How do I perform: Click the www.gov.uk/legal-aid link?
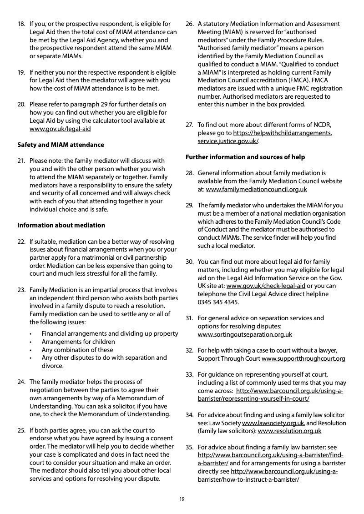[60, 129]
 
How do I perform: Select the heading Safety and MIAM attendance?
[61, 145]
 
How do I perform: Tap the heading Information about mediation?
[61, 225]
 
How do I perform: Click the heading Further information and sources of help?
[245, 157]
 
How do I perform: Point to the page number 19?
[182, 499]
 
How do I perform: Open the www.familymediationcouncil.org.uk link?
[256, 189]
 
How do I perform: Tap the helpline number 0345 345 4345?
[218, 302]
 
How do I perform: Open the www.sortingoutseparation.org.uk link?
[245, 334]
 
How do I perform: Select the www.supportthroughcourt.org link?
[303, 358]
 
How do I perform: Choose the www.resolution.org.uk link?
[289, 431]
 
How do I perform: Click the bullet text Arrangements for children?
[78, 342]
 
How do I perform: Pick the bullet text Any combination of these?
[77, 350]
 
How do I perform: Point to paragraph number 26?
[189, 24]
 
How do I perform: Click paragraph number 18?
[21, 24]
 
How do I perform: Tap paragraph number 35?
[189, 447]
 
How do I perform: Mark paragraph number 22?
[21, 241]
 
